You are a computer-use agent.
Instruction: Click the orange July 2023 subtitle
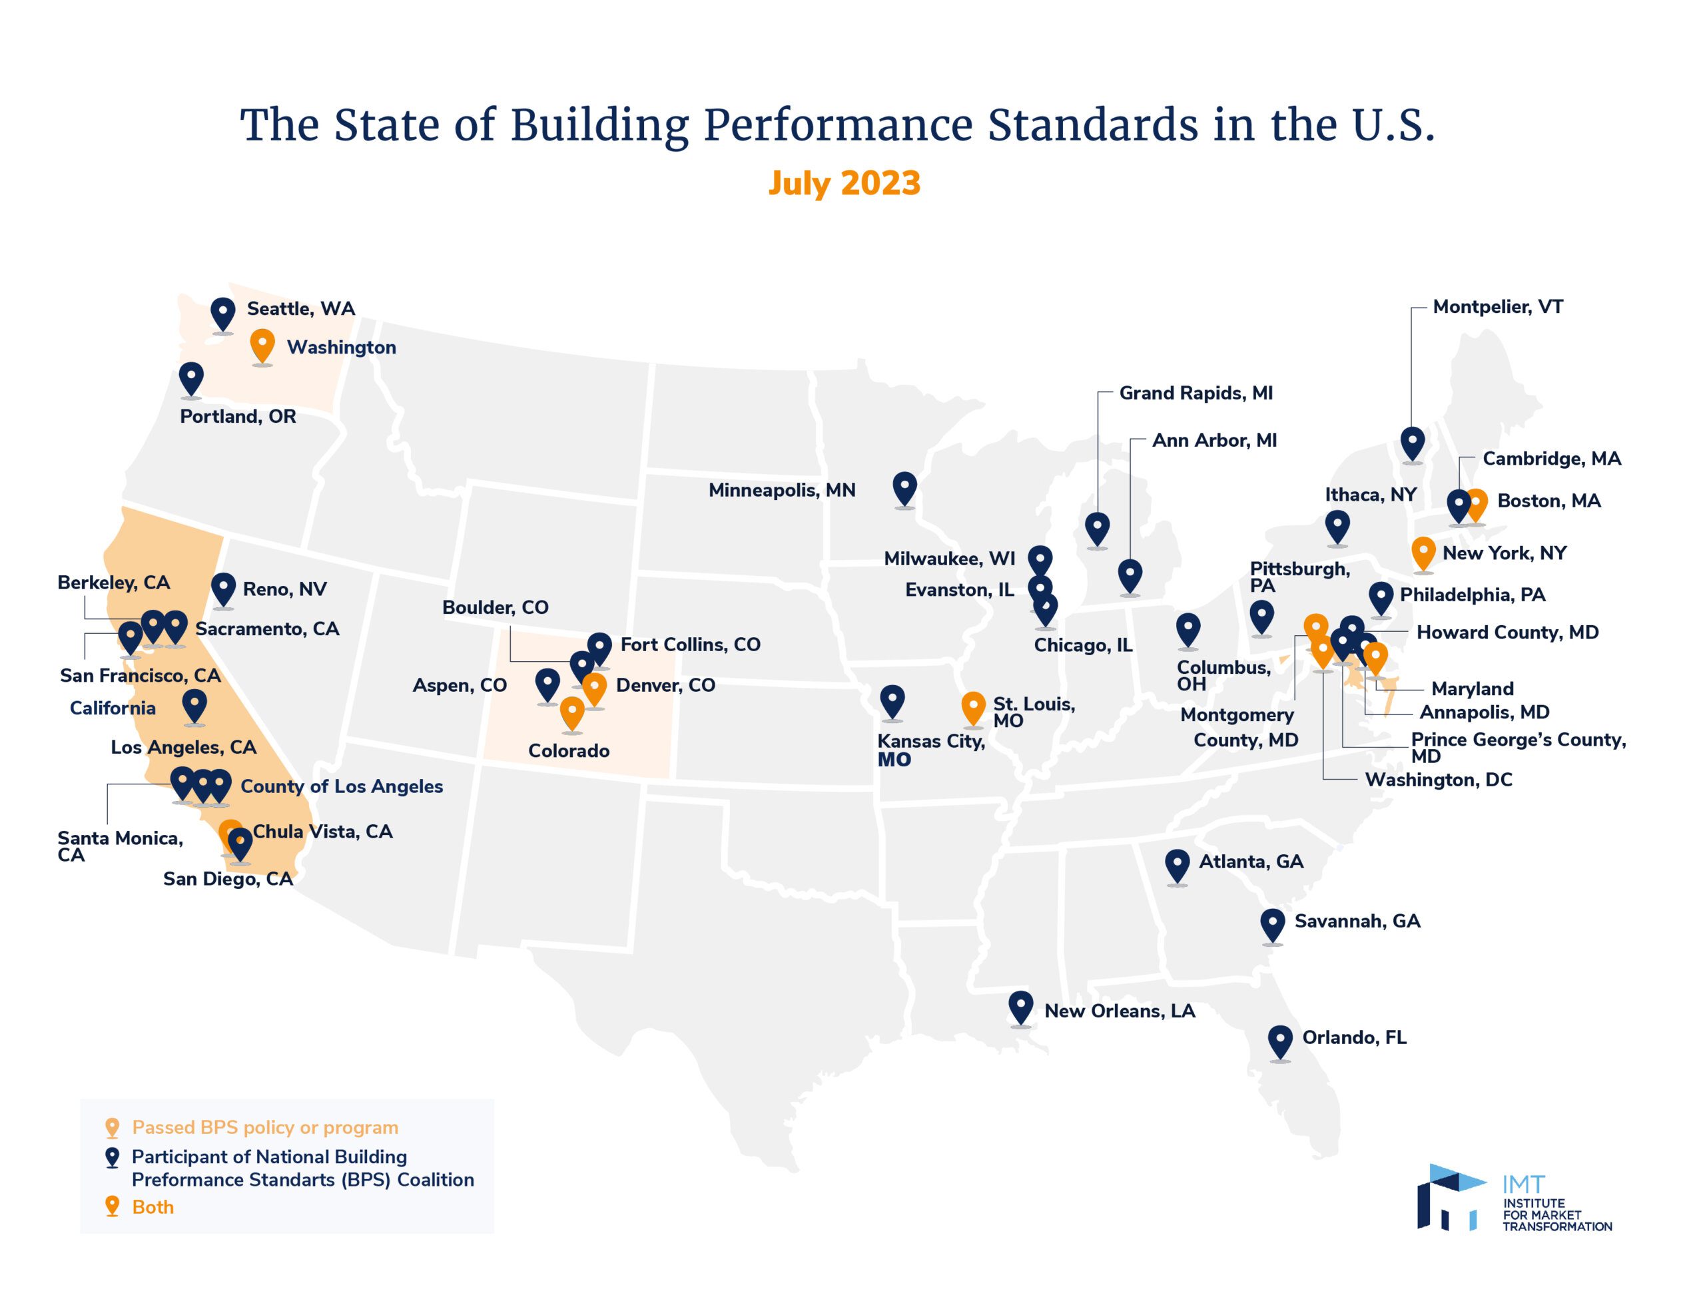pyautogui.click(x=844, y=183)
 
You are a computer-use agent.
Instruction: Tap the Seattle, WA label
pyautogui.click(x=301, y=308)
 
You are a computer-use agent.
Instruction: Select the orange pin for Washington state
pyautogui.click(x=263, y=345)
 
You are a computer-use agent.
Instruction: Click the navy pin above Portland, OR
pyautogui.click(x=191, y=378)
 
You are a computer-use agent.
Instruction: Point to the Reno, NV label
pyautogui.click(x=284, y=589)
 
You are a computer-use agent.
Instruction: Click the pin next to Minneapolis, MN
pyautogui.click(x=904, y=488)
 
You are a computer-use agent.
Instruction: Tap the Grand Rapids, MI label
pyautogui.click(x=1195, y=393)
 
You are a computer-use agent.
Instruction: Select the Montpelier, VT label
pyautogui.click(x=1497, y=307)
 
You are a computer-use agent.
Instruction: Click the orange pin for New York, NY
pyautogui.click(x=1423, y=553)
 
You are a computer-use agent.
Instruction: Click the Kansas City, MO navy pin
pyautogui.click(x=892, y=700)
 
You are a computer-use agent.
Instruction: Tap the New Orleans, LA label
pyautogui.click(x=1119, y=1011)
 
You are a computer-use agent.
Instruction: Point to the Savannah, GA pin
pyautogui.click(x=1273, y=924)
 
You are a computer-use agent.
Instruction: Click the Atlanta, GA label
pyautogui.click(x=1250, y=862)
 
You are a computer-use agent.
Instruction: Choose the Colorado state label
pyautogui.click(x=568, y=751)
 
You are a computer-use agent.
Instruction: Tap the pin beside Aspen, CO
pyautogui.click(x=547, y=684)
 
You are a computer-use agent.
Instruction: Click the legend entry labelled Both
pyautogui.click(x=153, y=1207)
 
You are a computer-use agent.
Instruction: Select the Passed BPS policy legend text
pyautogui.click(x=264, y=1127)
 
